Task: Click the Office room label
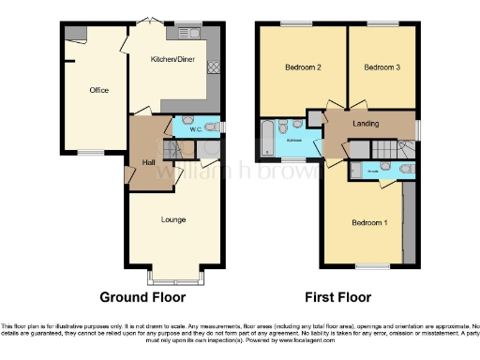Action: pyautogui.click(x=98, y=90)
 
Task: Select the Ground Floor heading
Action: pyautogui.click(x=142, y=297)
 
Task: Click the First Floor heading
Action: pyautogui.click(x=337, y=297)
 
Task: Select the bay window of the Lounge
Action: pyautogui.click(x=172, y=277)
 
